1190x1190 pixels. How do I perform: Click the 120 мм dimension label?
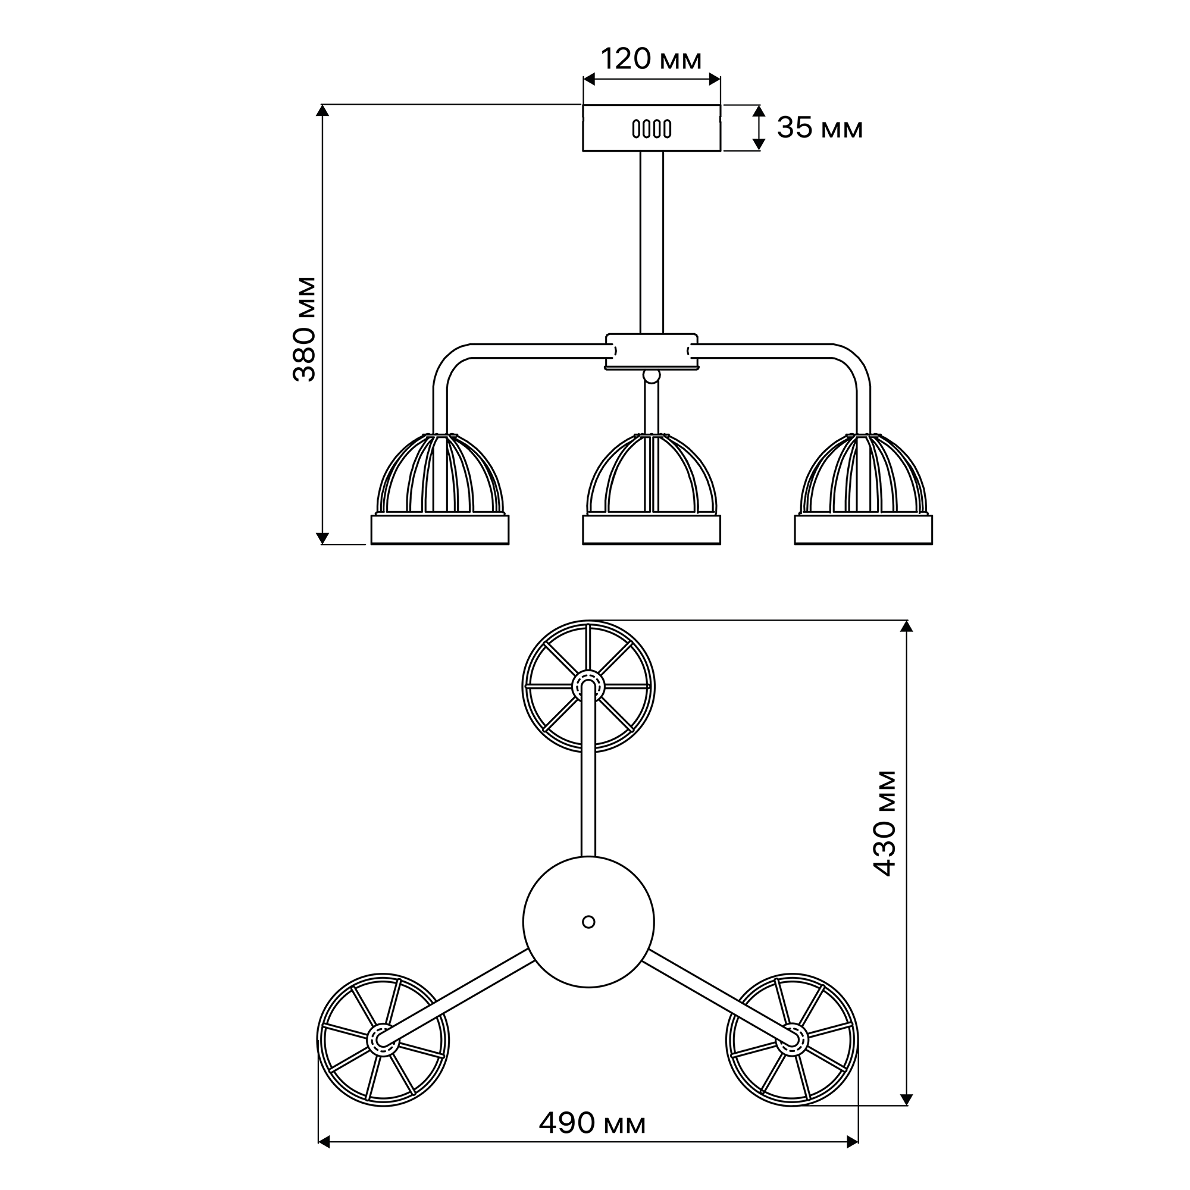pos(651,59)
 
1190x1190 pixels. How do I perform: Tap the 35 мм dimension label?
pos(820,128)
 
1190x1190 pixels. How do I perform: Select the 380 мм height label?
pos(304,330)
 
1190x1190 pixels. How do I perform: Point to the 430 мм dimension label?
pos(885,823)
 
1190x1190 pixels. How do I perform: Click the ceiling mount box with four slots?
pos(652,128)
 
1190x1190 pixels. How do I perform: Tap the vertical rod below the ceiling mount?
pos(652,243)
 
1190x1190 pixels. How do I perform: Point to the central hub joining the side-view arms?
pos(652,352)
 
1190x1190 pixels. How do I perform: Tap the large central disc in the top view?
pos(589,922)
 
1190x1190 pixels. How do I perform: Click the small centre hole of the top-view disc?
pos(589,922)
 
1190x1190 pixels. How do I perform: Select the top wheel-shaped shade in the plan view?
pos(589,686)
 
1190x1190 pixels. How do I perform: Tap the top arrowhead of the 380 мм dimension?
pos(322,110)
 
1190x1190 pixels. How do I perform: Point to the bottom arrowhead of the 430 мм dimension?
pos(906,1100)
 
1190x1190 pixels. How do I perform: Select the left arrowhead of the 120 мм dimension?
pos(589,80)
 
